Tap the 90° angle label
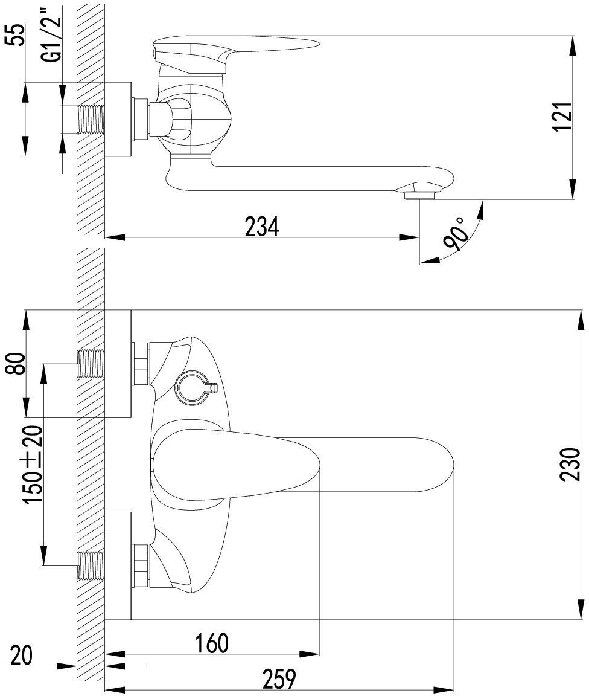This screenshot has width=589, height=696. [x=457, y=234]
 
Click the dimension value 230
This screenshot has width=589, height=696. [x=570, y=464]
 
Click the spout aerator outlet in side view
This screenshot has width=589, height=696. [x=418, y=193]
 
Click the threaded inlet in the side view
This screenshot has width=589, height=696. [x=91, y=119]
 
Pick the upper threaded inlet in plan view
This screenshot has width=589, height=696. [x=91, y=363]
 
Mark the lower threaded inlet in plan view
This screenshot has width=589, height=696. [x=91, y=565]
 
